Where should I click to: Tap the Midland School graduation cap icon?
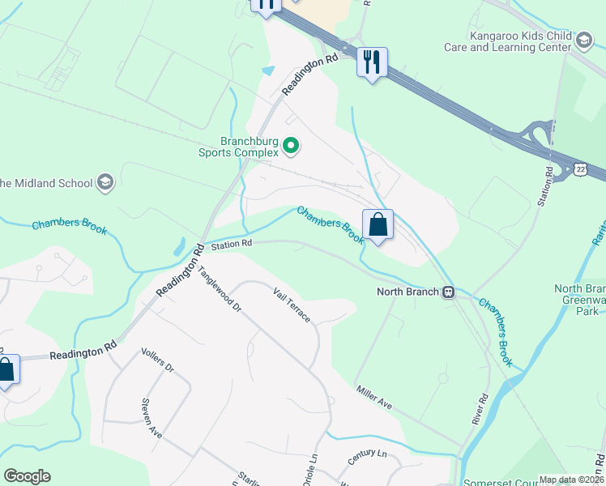[105, 182]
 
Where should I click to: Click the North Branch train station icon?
[448, 292]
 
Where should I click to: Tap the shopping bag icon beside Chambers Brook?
[378, 224]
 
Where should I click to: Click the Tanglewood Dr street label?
[220, 290]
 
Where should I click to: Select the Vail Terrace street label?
[292, 305]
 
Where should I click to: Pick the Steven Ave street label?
[151, 418]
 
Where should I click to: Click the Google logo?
[27, 476]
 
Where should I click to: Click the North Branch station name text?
[408, 292]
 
